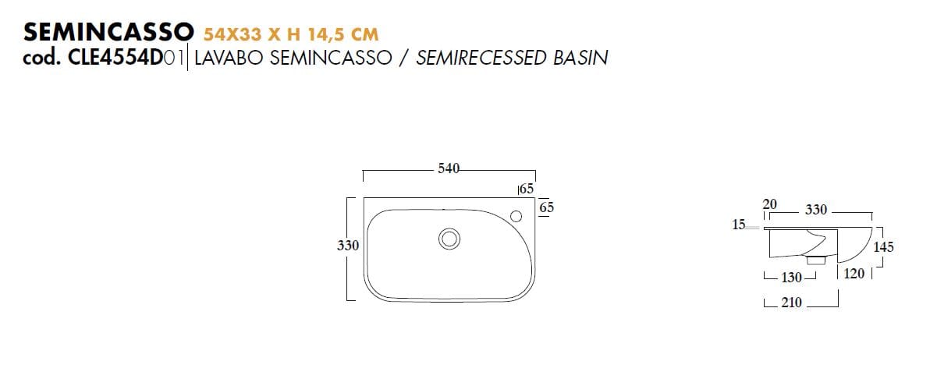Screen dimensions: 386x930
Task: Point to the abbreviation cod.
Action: [44, 58]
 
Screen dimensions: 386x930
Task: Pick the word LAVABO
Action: [230, 58]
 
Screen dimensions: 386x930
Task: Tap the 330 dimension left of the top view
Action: [348, 245]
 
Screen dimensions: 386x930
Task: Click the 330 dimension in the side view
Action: [816, 210]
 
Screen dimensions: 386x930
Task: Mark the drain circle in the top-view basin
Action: [449, 239]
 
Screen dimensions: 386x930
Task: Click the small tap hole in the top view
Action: [516, 215]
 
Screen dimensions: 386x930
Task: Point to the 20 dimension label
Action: [769, 204]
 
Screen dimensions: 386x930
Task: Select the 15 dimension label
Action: [739, 225]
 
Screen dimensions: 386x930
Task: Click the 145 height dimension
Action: [883, 246]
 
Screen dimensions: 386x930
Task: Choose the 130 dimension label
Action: [791, 278]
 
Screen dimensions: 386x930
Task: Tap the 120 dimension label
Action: [854, 274]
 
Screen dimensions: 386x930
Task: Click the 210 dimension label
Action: [791, 303]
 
